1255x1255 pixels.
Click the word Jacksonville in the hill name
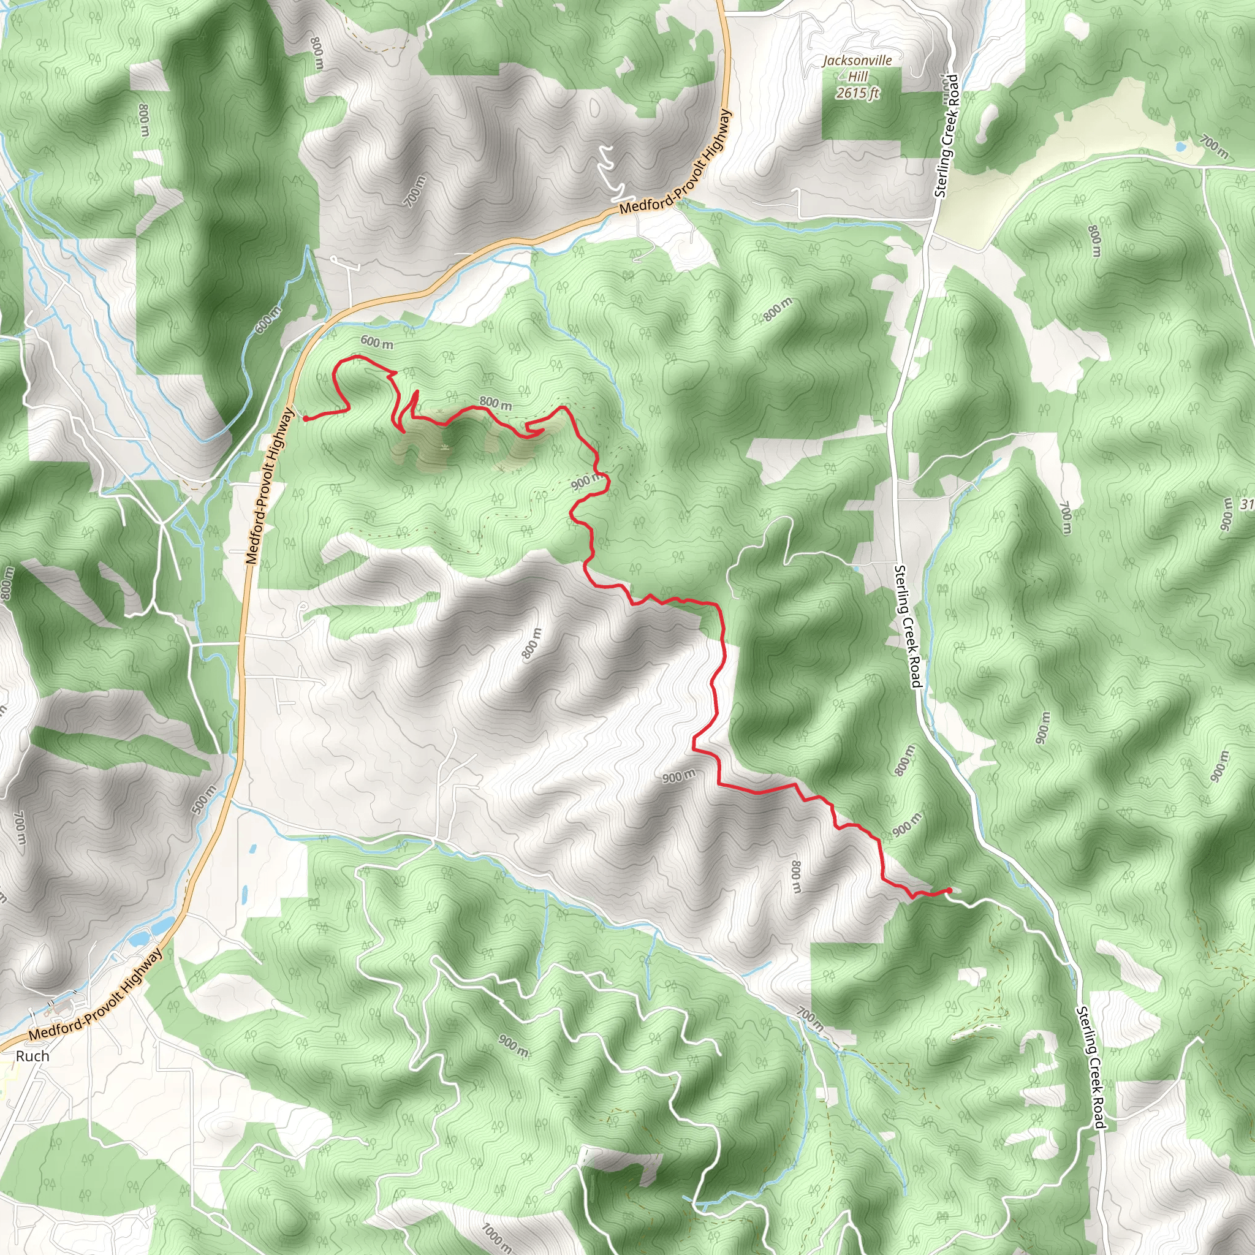pos(857,61)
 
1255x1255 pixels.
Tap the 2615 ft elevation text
pos(857,93)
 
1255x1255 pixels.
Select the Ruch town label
pos(32,1056)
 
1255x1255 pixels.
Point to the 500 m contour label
pos(203,798)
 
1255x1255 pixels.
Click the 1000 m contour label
pos(497,1234)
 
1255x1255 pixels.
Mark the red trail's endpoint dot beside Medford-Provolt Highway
pos(305,419)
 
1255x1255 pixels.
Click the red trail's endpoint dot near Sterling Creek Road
pos(950,890)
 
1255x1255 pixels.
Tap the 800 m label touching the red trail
pos(496,403)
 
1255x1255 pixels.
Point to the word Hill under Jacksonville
pos(857,77)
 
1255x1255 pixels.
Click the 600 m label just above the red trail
pos(377,342)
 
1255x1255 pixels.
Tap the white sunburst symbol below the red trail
pos(445,447)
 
